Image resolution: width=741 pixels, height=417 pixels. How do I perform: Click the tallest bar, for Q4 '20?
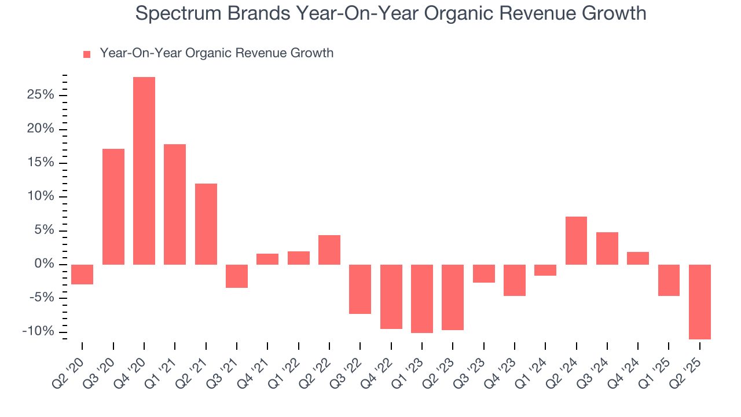point(144,171)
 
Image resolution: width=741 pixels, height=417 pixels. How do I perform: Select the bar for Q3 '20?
point(113,207)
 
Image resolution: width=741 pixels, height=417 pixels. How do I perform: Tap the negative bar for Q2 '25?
point(700,302)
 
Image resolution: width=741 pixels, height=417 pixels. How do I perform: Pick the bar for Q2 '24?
point(576,240)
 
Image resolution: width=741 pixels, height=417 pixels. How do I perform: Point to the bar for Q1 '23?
point(422,299)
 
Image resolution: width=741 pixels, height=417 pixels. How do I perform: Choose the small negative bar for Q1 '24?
point(545,270)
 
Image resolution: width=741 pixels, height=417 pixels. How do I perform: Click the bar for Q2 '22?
point(329,250)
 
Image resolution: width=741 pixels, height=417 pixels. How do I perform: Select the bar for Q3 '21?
point(237,276)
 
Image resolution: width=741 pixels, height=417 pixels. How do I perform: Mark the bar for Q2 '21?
point(206,224)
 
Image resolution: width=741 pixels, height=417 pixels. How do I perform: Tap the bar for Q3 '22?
point(360,289)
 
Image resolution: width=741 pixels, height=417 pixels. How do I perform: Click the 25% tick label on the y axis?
point(41,95)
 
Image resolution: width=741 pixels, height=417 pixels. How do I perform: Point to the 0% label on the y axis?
point(44,264)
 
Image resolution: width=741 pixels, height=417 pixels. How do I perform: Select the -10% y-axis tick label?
point(38,332)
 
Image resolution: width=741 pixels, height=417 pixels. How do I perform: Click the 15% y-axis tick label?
point(41,163)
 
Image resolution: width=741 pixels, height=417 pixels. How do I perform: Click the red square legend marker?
point(87,54)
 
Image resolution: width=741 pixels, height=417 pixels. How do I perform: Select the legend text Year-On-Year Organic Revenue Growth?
point(217,53)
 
